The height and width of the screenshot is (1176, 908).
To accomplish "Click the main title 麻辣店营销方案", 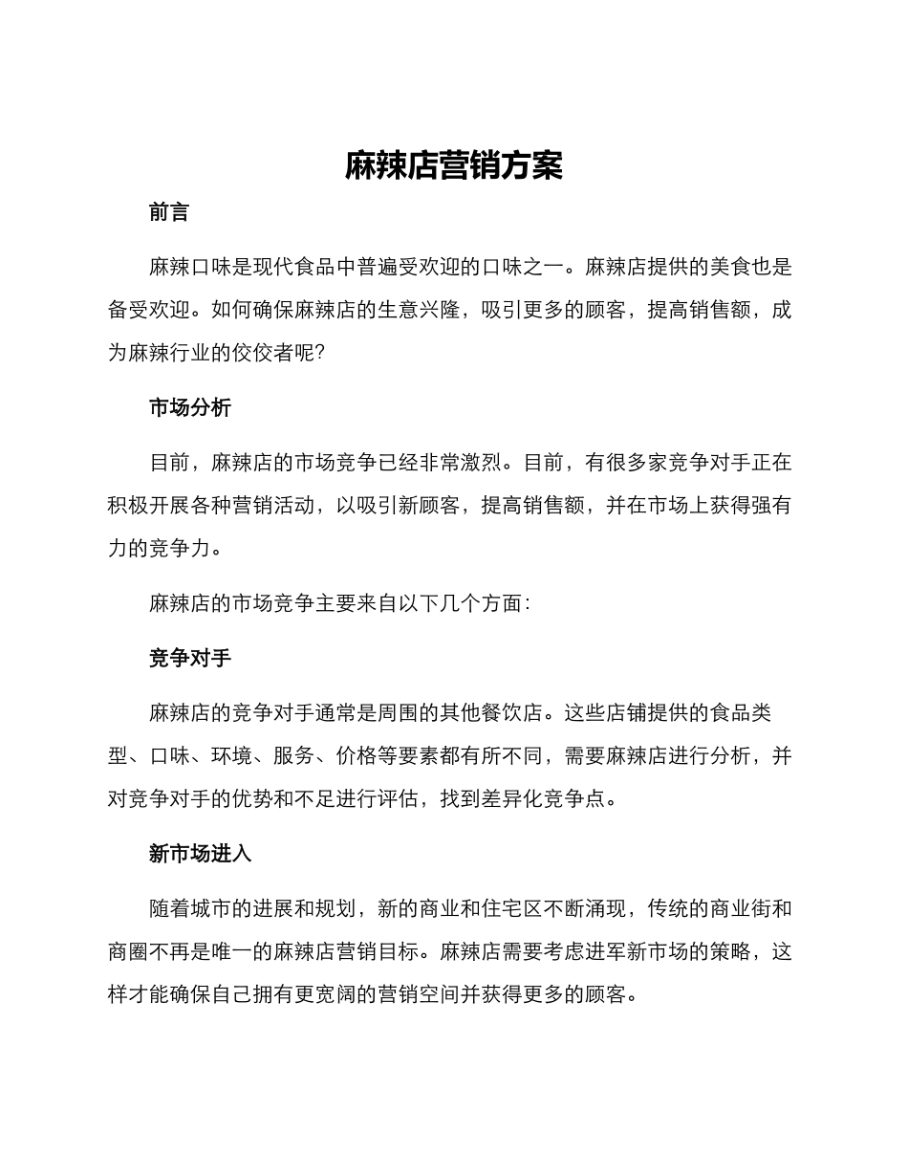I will pyautogui.click(x=454, y=166).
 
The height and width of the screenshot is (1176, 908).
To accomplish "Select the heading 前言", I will pyautogui.click(x=169, y=213).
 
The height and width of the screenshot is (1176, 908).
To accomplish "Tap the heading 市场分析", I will pyautogui.click(x=190, y=408).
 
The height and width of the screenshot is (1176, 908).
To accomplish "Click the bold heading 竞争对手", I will pyautogui.click(x=190, y=659).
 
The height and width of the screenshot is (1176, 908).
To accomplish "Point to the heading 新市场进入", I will pyautogui.click(x=201, y=854).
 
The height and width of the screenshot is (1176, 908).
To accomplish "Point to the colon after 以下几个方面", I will pyautogui.click(x=528, y=603).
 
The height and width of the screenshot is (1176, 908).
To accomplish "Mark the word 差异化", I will pyautogui.click(x=521, y=799).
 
